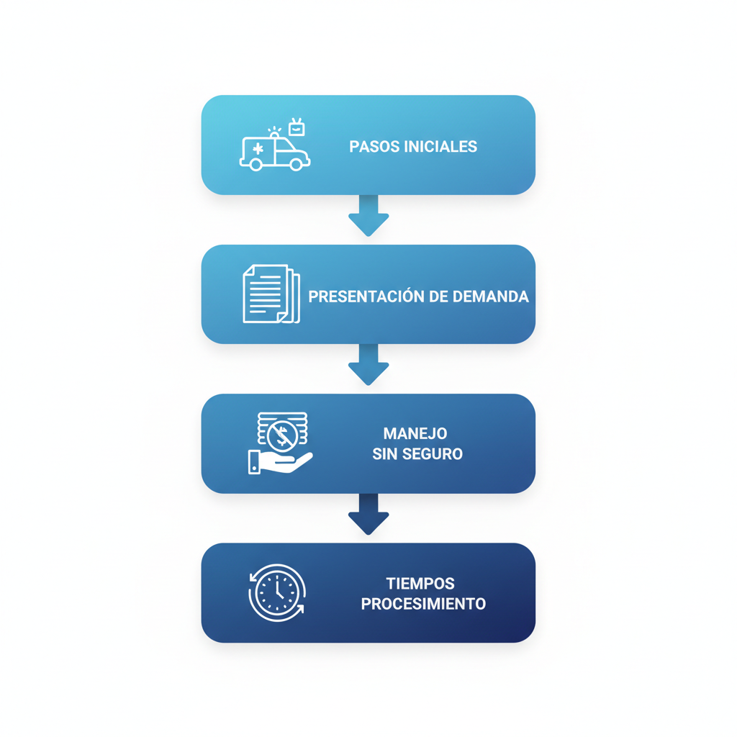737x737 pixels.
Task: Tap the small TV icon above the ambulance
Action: click(297, 128)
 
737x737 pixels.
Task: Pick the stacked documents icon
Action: click(271, 294)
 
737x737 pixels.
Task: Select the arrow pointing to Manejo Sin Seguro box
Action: click(368, 365)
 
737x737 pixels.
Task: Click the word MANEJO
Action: click(415, 434)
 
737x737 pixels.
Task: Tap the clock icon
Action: click(277, 592)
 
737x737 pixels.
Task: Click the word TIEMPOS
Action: click(420, 584)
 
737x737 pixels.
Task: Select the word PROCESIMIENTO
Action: click(423, 604)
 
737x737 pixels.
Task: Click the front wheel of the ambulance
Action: click(295, 165)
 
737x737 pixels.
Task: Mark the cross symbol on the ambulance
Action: click(258, 149)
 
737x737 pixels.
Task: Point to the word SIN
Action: click(385, 454)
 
